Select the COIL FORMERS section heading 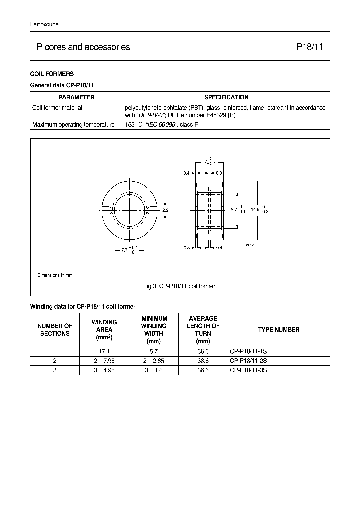[x=52, y=74]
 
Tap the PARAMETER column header [x=76, y=97]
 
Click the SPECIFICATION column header [x=226, y=97]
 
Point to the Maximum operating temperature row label [x=73, y=125]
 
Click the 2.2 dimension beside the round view [x=165, y=210]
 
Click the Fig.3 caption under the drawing [x=180, y=286]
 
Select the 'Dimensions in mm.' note [x=55, y=275]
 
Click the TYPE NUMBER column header [x=279, y=330]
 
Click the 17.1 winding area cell [x=104, y=352]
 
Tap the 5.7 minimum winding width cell [x=154, y=352]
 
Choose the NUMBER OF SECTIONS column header [x=55, y=330]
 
